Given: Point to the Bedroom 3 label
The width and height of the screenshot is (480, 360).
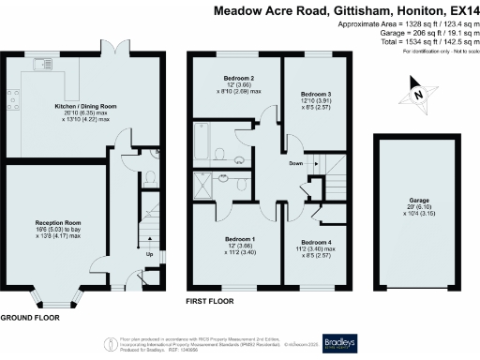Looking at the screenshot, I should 316,95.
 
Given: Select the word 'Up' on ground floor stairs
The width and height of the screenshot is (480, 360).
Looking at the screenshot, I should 149,253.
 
